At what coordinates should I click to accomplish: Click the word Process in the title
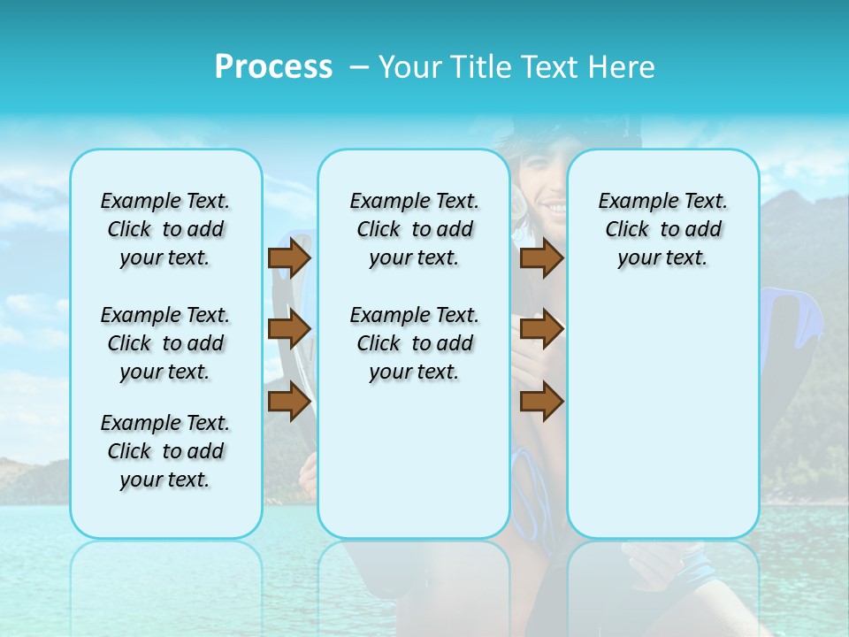point(273,66)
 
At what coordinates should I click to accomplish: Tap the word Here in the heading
point(623,66)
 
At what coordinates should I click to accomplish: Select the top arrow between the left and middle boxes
point(289,258)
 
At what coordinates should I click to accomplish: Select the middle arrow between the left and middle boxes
point(289,330)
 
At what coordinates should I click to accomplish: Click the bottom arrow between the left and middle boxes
point(289,403)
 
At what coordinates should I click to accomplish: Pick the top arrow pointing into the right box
point(541,258)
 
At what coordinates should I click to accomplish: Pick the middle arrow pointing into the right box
point(541,330)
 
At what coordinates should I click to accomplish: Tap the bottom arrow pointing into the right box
point(541,403)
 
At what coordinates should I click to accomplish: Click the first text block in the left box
point(165,229)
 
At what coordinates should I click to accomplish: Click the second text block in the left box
point(165,343)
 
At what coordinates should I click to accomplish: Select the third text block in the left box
point(165,451)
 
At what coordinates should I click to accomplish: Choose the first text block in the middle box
point(414,229)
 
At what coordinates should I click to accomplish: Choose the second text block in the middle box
point(414,343)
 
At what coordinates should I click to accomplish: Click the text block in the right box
point(662,229)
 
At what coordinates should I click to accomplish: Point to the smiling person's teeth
point(555,207)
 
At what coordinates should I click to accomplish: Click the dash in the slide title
point(359,68)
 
